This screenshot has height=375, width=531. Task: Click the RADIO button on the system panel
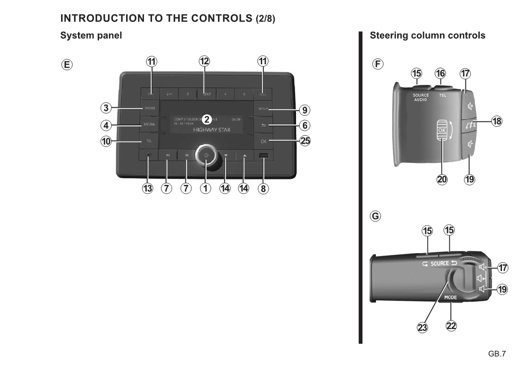coord(149,108)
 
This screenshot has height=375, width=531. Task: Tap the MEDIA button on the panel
coord(149,125)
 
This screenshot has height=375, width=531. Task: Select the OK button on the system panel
coord(263,142)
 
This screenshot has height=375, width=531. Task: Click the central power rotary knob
coord(206,155)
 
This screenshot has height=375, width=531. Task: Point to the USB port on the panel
coord(263,156)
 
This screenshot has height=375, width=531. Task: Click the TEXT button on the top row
coord(206,94)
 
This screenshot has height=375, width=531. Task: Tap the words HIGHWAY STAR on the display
coord(212,129)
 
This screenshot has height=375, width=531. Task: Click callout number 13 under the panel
coord(147,188)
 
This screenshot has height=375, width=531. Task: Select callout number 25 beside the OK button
coord(305,142)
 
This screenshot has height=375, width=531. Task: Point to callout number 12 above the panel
coord(204,61)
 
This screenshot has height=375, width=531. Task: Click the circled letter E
coord(66,64)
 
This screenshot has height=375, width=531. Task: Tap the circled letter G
coord(376,217)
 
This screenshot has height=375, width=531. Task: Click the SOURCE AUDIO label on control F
coord(420,97)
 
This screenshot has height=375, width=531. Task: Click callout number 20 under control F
coord(442,179)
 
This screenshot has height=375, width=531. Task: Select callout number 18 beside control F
coord(497,121)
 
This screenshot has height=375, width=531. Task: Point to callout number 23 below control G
coord(422,327)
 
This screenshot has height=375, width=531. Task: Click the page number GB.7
coord(497,354)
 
